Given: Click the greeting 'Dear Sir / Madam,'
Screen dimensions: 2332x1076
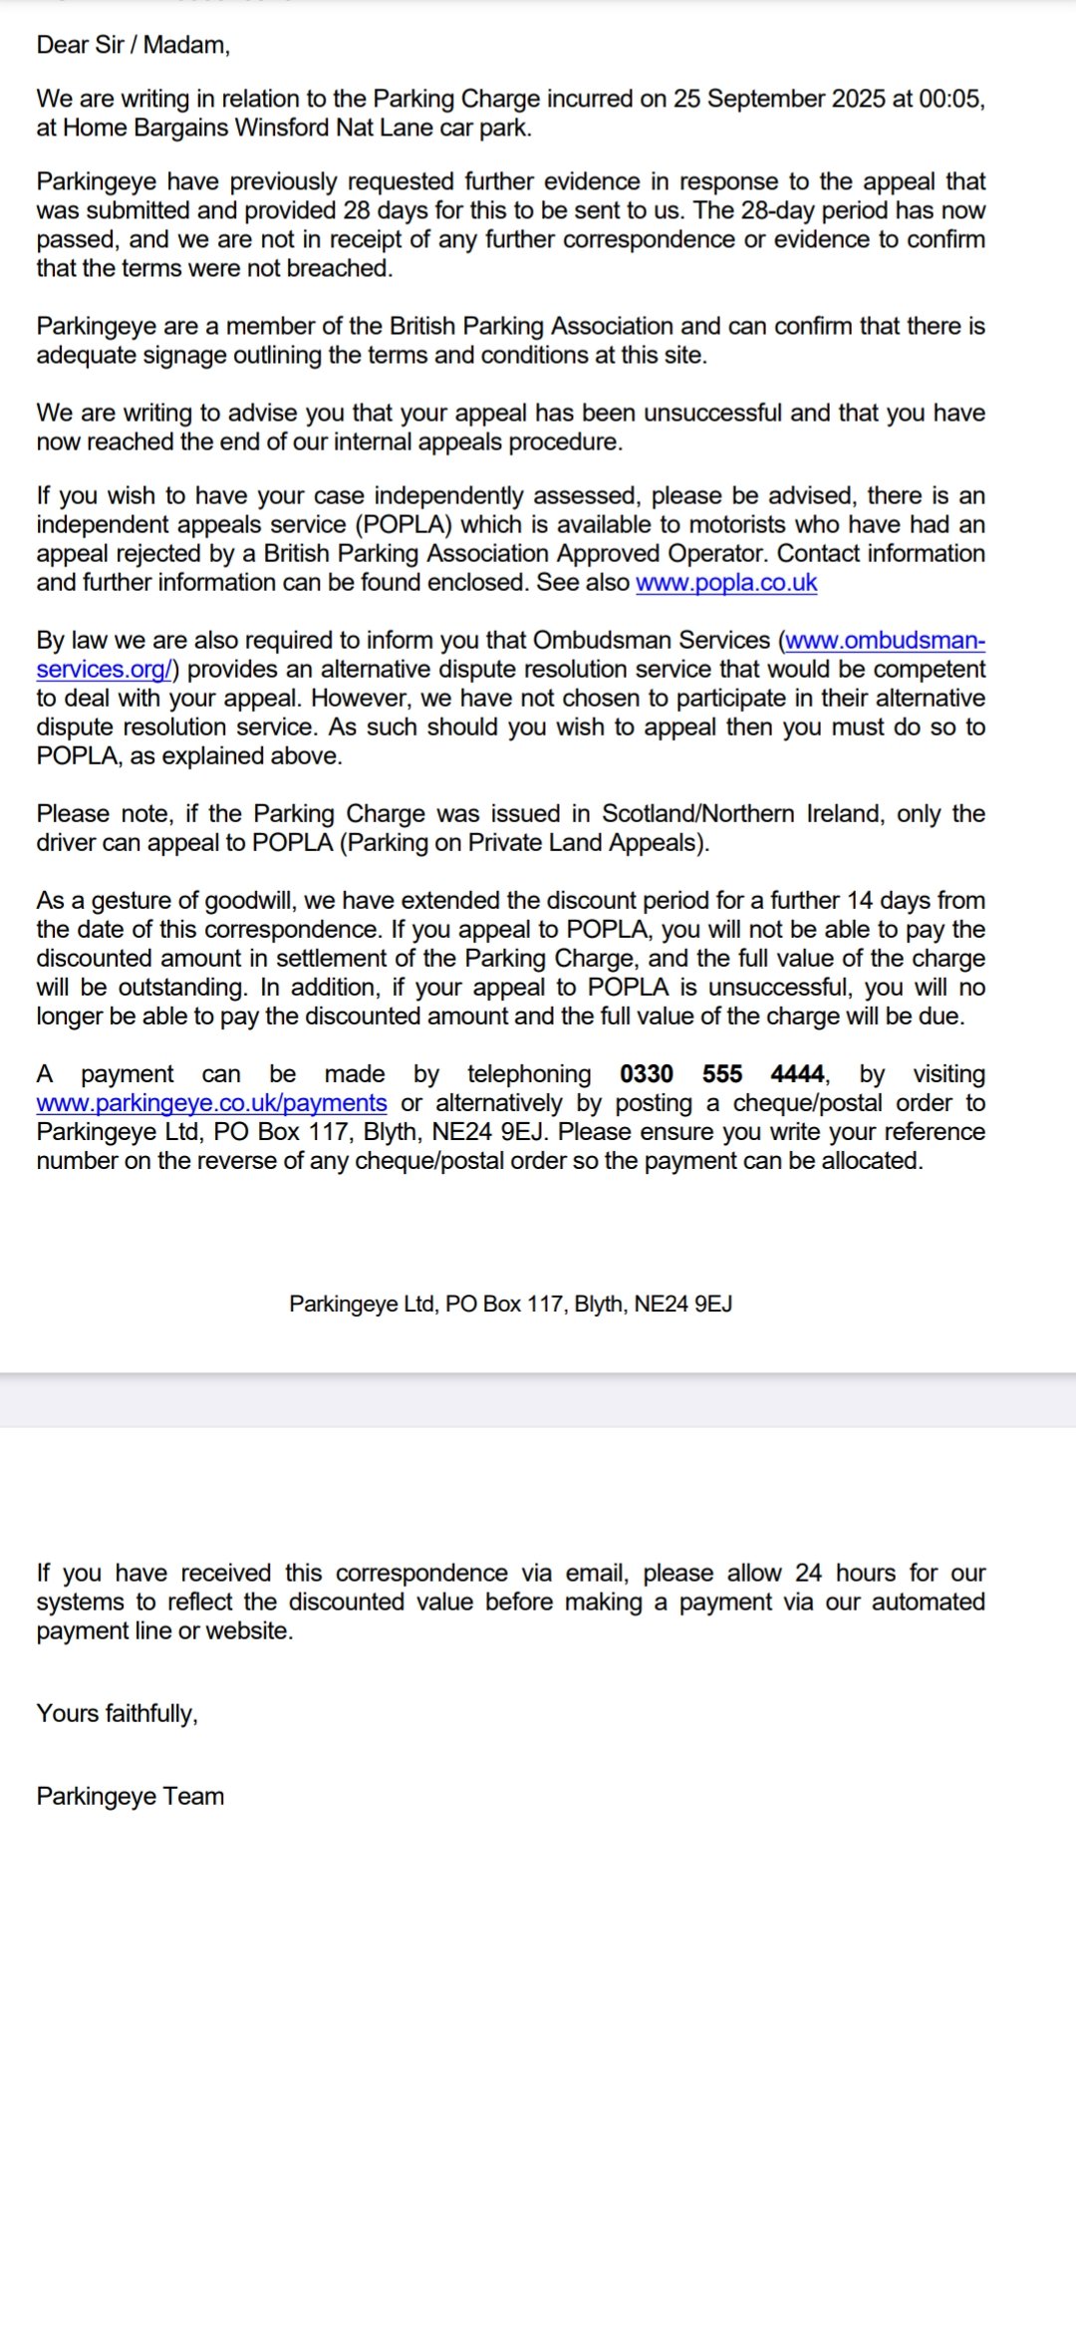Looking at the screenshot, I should tap(134, 45).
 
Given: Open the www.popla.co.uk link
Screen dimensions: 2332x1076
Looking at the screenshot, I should tap(726, 583).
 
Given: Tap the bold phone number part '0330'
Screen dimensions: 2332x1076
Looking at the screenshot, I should tap(647, 1073).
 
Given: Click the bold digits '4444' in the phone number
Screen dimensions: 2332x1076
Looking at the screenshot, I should tap(797, 1073).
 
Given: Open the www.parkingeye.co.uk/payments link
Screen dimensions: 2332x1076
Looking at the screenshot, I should tap(211, 1102).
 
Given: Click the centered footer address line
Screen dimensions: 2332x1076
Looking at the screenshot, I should tap(510, 1304).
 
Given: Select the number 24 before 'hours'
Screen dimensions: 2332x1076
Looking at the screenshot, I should tap(808, 1573).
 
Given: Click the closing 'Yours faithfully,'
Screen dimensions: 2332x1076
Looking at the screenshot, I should tap(118, 1713).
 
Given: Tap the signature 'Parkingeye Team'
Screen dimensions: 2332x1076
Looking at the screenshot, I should tap(131, 1796).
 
